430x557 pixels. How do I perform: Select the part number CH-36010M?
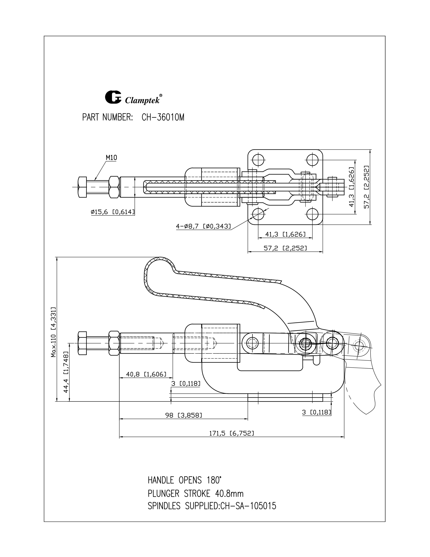(x=163, y=118)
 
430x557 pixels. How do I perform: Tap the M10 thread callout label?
(x=111, y=158)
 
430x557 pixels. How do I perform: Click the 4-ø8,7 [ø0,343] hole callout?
(x=203, y=226)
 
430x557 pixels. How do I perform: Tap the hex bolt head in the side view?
(x=82, y=343)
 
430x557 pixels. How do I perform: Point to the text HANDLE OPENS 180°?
(x=184, y=480)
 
